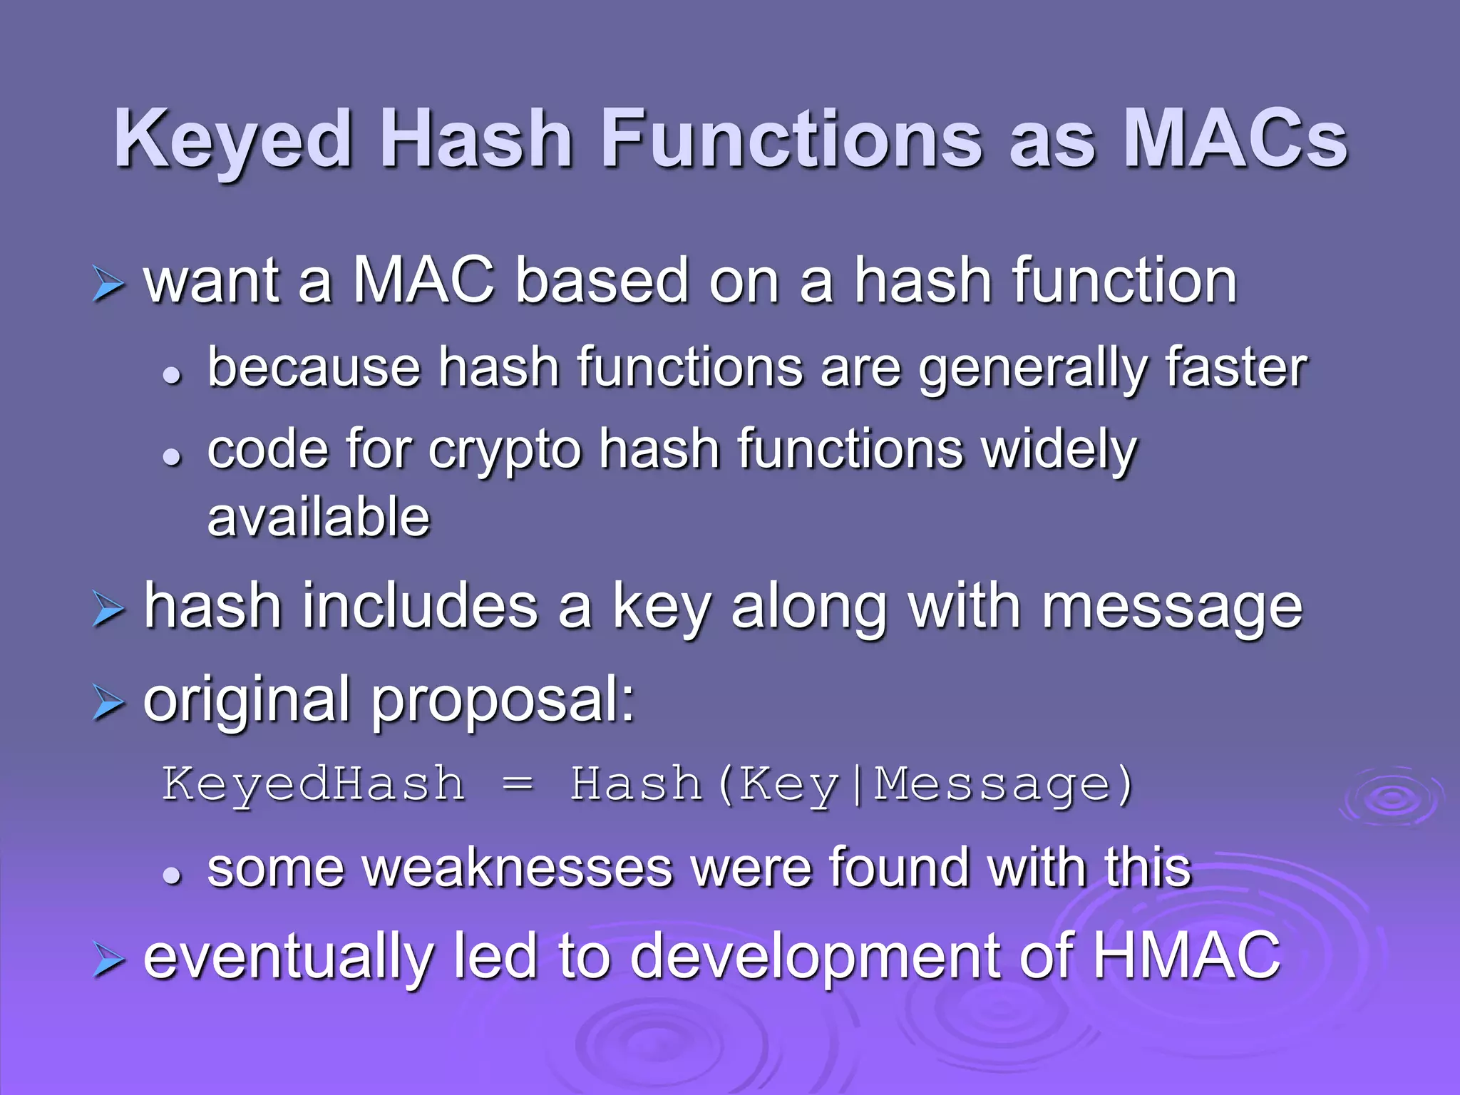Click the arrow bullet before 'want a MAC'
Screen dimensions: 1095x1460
(x=108, y=285)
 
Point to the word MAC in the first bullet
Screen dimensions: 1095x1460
(x=423, y=281)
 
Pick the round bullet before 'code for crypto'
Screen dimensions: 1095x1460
(x=172, y=456)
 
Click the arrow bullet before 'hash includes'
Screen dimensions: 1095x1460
(x=108, y=611)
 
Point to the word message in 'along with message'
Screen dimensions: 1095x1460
(x=1172, y=607)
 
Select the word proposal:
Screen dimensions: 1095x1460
(x=503, y=701)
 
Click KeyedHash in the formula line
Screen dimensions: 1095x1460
(x=314, y=784)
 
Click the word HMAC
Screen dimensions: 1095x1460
(x=1186, y=955)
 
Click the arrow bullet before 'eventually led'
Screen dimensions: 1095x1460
(x=108, y=960)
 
